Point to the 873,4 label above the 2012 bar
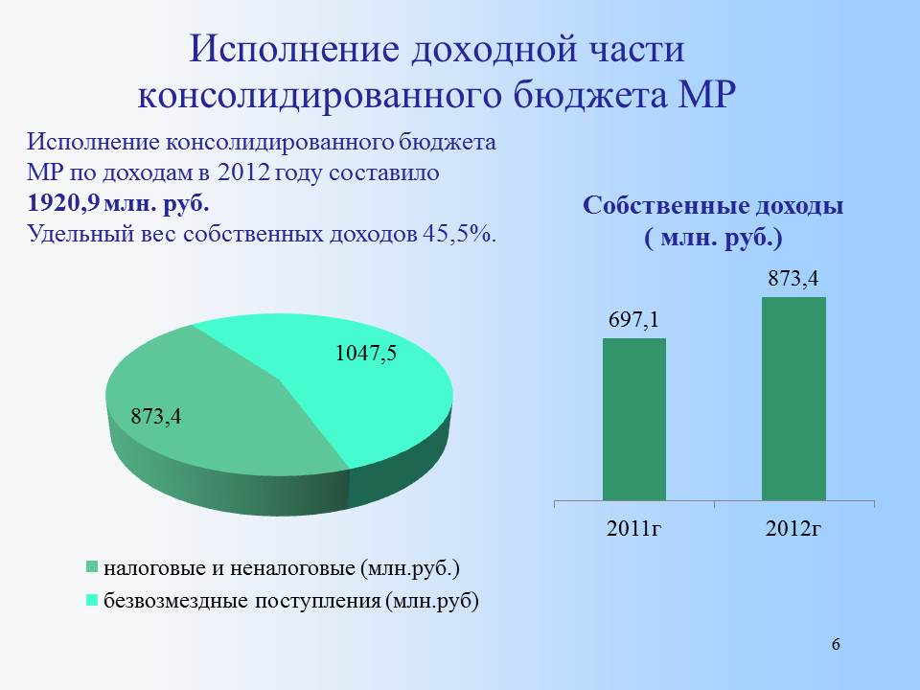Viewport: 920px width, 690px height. (x=793, y=279)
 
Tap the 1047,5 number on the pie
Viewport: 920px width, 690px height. (x=365, y=354)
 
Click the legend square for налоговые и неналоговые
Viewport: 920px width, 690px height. (x=92, y=566)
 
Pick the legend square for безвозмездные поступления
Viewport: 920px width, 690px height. (x=92, y=601)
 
